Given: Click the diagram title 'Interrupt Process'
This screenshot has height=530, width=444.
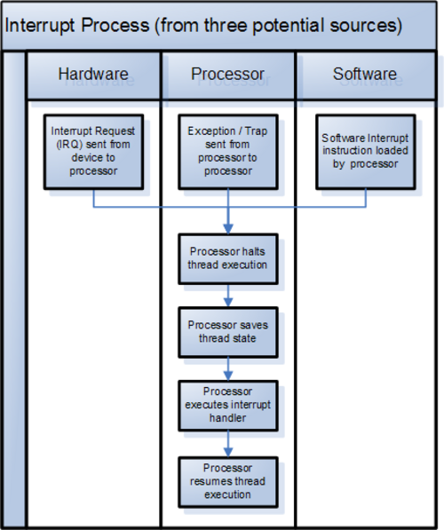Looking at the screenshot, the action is coord(77,26).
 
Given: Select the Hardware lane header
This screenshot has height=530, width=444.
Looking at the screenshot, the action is coord(93,75).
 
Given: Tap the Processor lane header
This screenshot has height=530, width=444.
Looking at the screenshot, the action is coord(228,75).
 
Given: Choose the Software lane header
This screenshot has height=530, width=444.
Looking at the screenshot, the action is coord(365,75).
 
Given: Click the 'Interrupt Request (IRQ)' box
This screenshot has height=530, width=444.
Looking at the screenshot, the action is coord(93,152).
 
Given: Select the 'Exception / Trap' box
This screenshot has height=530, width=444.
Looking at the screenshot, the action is coord(228,152).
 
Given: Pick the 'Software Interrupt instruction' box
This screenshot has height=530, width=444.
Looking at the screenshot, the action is coord(366,152).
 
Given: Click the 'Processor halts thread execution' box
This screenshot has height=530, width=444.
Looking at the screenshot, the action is coord(228,258).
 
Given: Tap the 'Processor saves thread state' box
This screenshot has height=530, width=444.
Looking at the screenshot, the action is coord(228,332).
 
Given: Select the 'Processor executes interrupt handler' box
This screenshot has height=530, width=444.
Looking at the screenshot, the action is coord(228,406).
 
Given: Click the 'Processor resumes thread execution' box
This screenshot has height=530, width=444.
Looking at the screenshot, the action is coord(228,482).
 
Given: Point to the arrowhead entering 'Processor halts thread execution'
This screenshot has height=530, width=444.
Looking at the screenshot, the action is coord(228,228).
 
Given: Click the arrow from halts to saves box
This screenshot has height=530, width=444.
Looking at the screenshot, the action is coord(228,296).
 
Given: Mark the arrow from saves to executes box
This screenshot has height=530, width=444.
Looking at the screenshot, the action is coord(228,369).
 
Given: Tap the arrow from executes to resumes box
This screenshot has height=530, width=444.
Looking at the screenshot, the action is coord(228,444).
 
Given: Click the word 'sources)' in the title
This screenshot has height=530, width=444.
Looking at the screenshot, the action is coord(366,26).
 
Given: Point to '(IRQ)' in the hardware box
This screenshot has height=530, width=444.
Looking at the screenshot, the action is coord(69,145).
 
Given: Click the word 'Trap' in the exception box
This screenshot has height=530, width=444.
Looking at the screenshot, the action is coord(256,131).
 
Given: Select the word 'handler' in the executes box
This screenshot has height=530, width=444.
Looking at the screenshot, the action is coord(227,418).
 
